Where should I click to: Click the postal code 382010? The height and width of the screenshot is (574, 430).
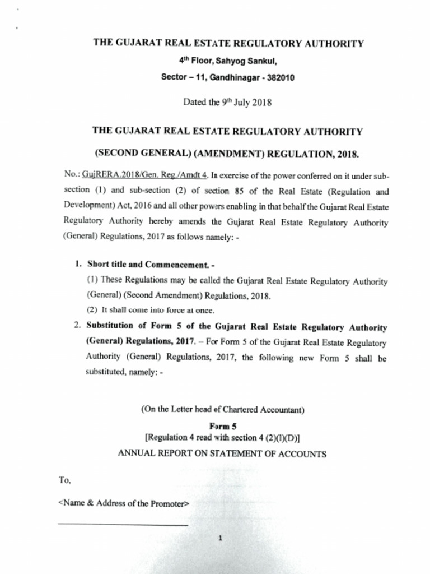(279, 78)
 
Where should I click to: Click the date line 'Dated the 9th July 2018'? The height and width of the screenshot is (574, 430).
(227, 102)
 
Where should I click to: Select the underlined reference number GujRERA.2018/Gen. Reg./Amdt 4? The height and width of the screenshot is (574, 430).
(145, 174)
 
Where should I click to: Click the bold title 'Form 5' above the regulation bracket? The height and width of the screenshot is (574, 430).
(223, 426)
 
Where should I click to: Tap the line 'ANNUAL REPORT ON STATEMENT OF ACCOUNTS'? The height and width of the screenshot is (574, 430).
(222, 454)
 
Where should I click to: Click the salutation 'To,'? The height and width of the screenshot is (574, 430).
(66, 480)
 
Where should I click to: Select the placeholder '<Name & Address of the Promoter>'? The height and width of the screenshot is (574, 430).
(124, 503)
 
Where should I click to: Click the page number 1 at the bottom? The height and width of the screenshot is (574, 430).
(221, 539)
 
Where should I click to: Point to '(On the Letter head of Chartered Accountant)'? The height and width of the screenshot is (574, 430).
(222, 409)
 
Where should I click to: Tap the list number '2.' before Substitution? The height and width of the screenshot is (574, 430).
(78, 326)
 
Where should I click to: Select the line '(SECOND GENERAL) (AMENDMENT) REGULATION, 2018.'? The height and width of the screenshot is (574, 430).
(227, 154)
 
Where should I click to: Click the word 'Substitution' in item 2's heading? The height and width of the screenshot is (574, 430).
(110, 326)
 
